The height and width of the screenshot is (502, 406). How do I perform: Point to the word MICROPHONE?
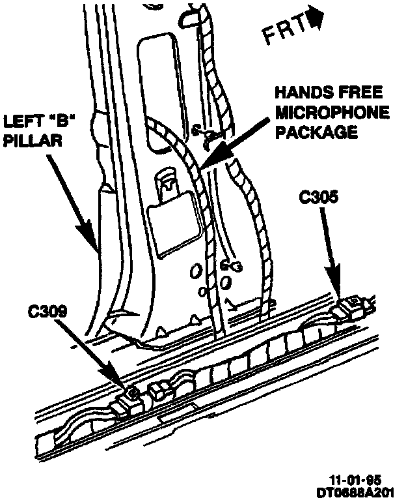332,112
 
